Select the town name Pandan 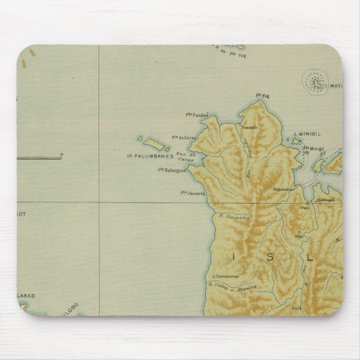pyautogui.click(x=248, y=127)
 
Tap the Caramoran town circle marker pyautogui.click(x=213, y=276)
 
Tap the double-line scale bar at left pyautogui.click(x=39, y=158)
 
